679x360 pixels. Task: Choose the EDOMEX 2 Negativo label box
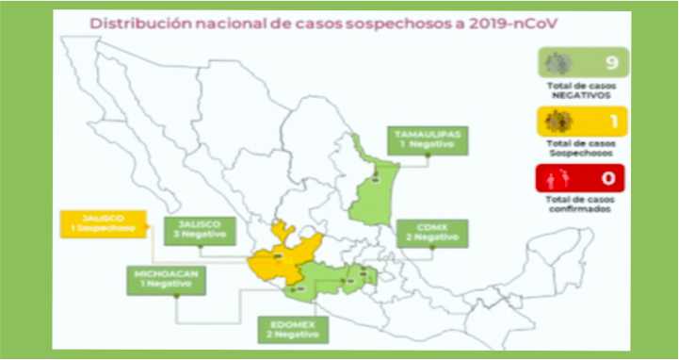pos(290,329)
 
